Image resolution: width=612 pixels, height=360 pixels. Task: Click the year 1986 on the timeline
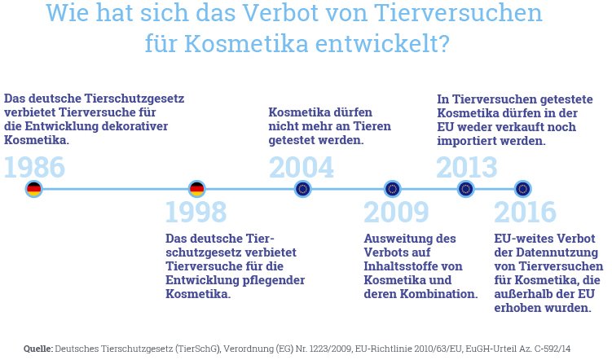pyautogui.click(x=34, y=167)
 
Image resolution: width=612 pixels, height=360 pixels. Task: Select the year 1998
pyautogui.click(x=196, y=212)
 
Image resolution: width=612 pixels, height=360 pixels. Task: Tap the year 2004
pyautogui.click(x=302, y=167)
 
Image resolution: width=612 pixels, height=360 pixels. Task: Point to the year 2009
pyautogui.click(x=396, y=212)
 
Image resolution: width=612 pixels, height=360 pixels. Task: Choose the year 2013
pyautogui.click(x=467, y=167)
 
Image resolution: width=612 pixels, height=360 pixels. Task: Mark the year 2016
pyautogui.click(x=525, y=212)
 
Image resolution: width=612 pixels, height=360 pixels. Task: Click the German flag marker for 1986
pyautogui.click(x=34, y=189)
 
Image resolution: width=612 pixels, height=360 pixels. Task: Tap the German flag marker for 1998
pyautogui.click(x=196, y=189)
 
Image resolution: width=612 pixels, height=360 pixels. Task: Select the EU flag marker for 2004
pyautogui.click(x=303, y=189)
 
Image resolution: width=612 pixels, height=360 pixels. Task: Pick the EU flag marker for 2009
pyautogui.click(x=392, y=189)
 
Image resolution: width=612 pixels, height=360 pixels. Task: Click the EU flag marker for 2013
pyautogui.click(x=465, y=189)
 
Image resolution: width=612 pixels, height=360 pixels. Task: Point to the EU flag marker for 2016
pyautogui.click(x=522, y=189)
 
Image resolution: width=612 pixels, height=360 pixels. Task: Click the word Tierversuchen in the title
pyautogui.click(x=458, y=12)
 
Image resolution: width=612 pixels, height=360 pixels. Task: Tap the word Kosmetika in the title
pyautogui.click(x=246, y=43)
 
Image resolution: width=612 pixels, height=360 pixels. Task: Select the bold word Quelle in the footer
pyautogui.click(x=37, y=349)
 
